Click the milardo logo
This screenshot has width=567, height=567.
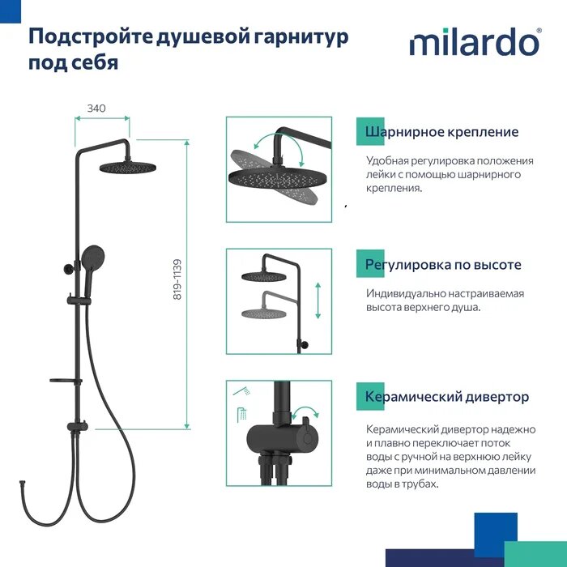[x=475, y=41]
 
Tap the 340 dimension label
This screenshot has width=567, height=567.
[x=96, y=108]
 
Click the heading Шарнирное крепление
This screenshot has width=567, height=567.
[x=441, y=132]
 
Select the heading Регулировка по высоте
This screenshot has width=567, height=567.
[x=443, y=265]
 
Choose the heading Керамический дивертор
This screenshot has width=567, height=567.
[x=447, y=397]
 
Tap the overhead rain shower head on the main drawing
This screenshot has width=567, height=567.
[x=126, y=167]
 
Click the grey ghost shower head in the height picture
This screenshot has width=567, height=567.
[x=265, y=313]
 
